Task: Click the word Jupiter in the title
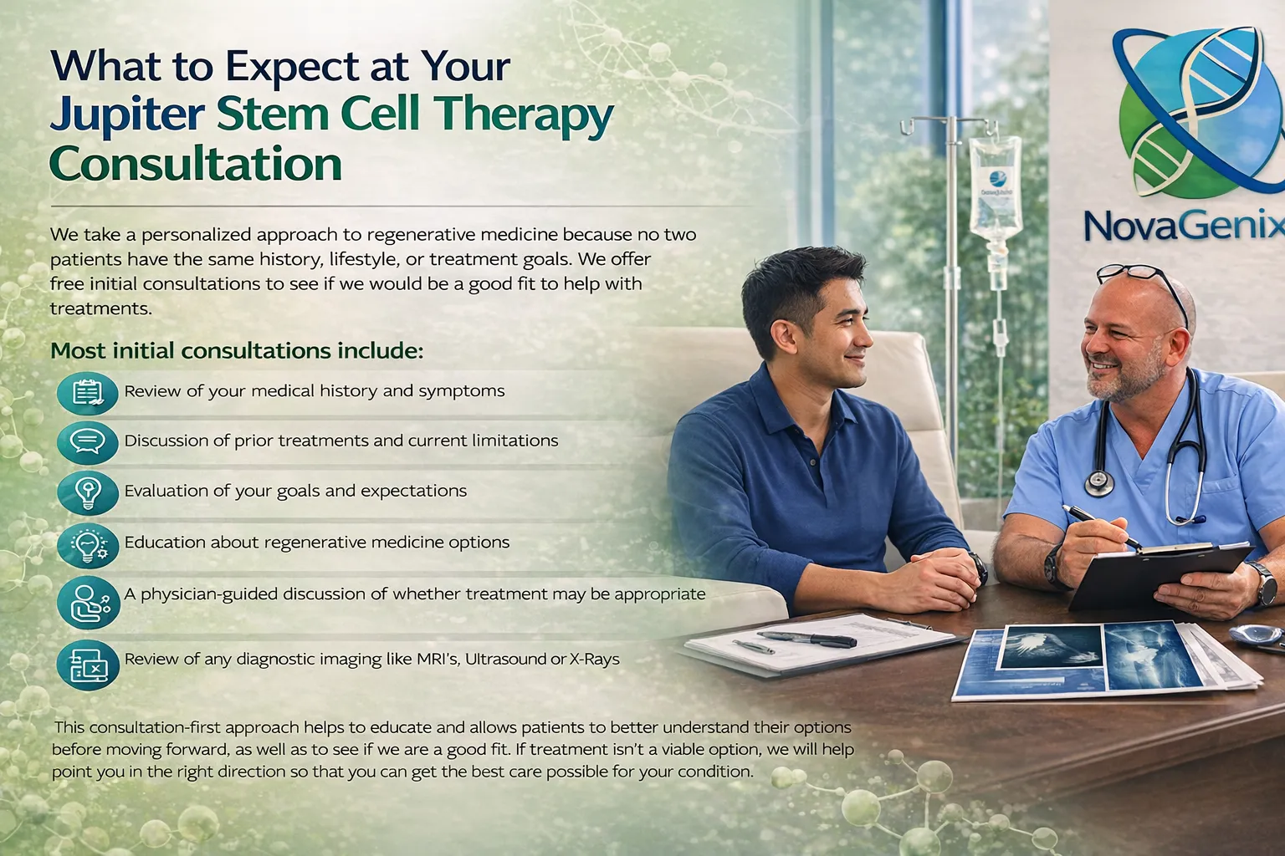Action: [126, 116]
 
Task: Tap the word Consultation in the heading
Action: [196, 164]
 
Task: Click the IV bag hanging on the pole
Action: [996, 188]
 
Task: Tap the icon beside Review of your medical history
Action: [88, 392]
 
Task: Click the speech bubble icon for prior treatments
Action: [88, 441]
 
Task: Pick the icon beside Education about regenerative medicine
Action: [88, 544]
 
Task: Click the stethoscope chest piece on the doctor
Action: [1098, 482]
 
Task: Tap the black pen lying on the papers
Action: [806, 639]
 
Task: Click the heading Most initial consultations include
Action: [237, 349]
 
